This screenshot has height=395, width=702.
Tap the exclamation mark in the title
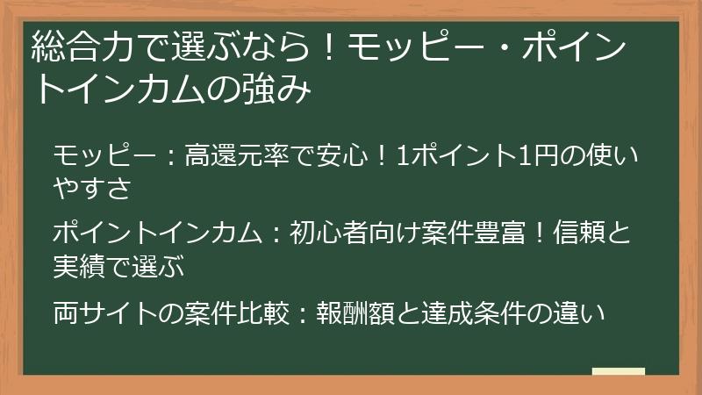pyautogui.click(x=326, y=47)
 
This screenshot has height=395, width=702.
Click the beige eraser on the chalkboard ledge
pyautogui.click(x=618, y=371)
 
